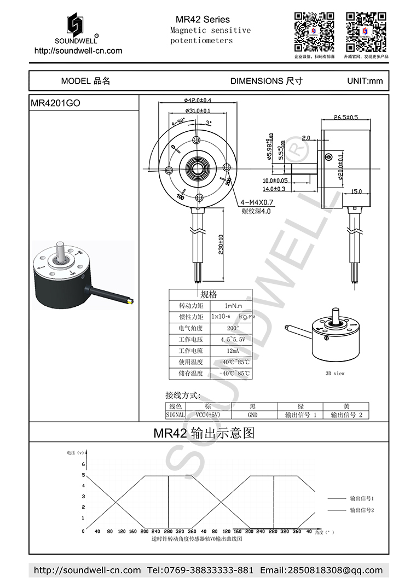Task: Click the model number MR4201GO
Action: click(x=55, y=103)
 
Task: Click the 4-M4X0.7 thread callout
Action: click(x=257, y=202)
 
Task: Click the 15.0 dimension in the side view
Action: click(x=356, y=191)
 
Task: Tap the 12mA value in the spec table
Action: click(x=233, y=351)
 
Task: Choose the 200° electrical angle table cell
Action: click(x=233, y=328)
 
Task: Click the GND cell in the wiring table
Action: click(x=252, y=415)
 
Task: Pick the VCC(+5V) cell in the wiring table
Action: click(x=208, y=415)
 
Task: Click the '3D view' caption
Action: click(x=335, y=374)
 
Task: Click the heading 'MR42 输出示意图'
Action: click(x=204, y=434)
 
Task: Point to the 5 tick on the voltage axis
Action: click(x=83, y=475)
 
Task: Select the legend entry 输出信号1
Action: click(x=361, y=499)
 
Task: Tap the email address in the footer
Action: click(x=321, y=570)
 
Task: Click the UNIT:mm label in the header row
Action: click(x=365, y=81)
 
